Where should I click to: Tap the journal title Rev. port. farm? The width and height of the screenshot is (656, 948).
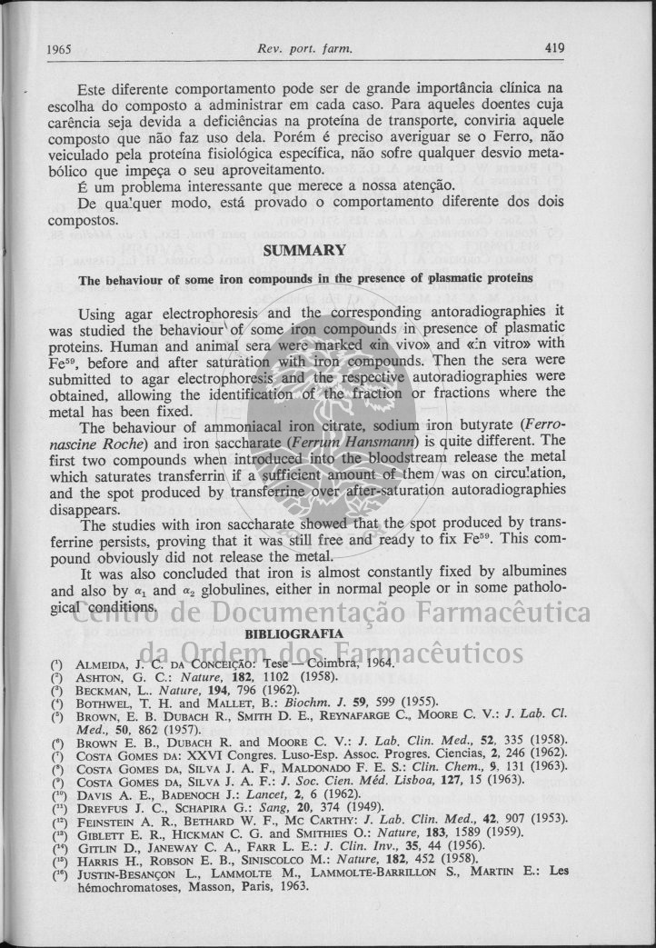304,48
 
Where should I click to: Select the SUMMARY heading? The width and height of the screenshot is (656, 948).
303,250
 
